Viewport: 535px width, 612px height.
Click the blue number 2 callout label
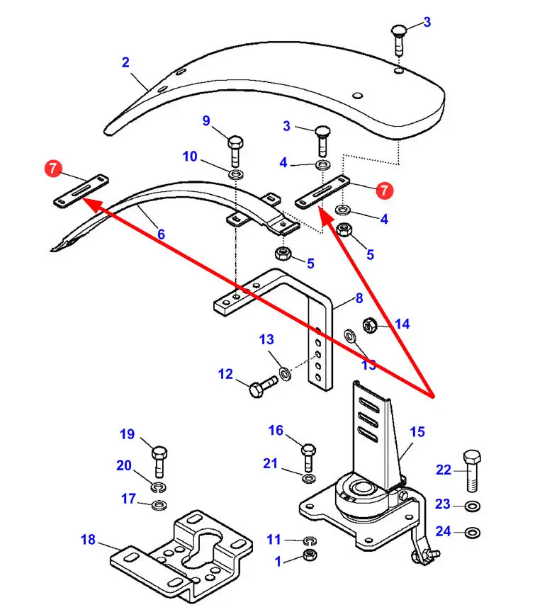tap(125, 62)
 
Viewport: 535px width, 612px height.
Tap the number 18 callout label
tap(88, 540)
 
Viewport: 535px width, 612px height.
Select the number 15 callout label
tap(417, 431)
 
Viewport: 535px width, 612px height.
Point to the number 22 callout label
tap(444, 470)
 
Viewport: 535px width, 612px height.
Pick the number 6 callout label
tap(161, 233)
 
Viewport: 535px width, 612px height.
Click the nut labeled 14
tap(368, 325)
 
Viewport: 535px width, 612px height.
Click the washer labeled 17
tap(159, 504)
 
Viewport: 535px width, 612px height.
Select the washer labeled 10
tap(235, 173)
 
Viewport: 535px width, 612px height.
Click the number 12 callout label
tap(225, 373)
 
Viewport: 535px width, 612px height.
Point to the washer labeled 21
tap(308, 478)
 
